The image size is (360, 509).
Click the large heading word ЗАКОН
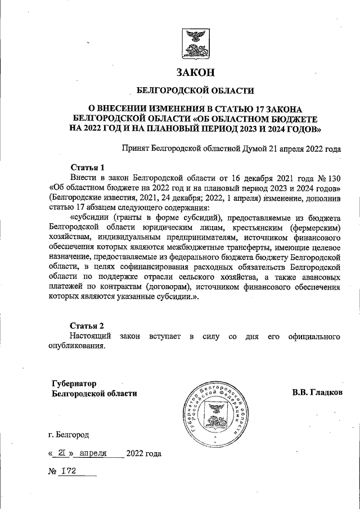tap(195, 72)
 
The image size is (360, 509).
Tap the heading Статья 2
tap(87, 326)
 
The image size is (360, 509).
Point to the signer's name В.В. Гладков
tap(317, 391)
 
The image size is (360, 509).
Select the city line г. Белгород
tap(68, 434)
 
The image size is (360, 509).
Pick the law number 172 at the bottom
tap(70, 470)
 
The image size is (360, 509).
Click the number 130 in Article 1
tap(331, 177)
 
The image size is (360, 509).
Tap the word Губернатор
tap(74, 382)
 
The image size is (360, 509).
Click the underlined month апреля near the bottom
tap(93, 453)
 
